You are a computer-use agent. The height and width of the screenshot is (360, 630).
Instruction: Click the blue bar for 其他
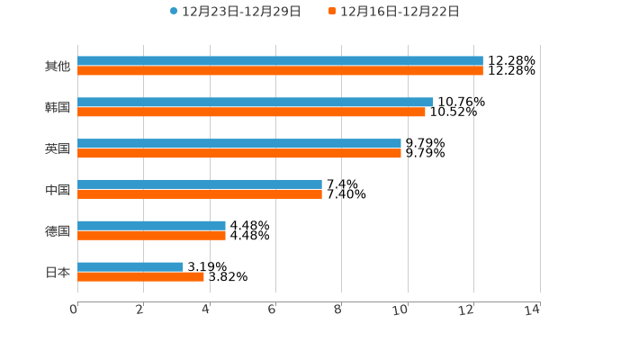tap(280, 61)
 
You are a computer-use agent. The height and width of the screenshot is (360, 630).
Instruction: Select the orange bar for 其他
tap(280, 70)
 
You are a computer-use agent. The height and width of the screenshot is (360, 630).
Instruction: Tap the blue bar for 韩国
tap(256, 102)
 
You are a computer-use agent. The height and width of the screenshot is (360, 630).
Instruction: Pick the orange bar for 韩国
tap(251, 112)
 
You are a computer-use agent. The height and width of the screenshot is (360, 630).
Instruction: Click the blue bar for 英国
tap(239, 143)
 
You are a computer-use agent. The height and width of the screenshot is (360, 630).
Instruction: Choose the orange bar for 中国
tap(200, 193)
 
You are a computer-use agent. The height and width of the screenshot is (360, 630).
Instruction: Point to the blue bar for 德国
tap(151, 225)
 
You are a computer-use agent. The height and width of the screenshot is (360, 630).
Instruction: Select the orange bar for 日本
tap(140, 276)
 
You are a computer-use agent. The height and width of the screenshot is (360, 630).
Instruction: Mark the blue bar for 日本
tap(130, 266)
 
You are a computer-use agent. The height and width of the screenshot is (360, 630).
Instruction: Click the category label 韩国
tap(58, 107)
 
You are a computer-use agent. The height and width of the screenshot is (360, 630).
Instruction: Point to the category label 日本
tap(58, 272)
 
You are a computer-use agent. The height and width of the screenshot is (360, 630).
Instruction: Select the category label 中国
tap(58, 190)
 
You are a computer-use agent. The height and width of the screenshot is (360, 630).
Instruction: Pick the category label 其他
tap(58, 66)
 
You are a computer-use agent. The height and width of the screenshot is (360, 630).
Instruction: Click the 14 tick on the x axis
tap(533, 310)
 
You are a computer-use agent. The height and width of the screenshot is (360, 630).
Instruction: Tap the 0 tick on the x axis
tap(74, 310)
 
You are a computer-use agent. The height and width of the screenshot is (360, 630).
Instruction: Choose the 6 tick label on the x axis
tap(272, 310)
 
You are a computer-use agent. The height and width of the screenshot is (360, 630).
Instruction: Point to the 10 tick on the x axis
tap(400, 310)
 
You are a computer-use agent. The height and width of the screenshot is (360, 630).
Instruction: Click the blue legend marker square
tap(174, 12)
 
